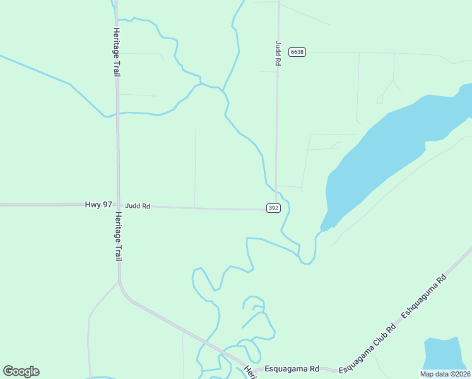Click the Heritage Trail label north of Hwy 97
tap(117, 52)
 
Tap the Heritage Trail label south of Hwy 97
tap(117, 236)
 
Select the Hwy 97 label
tap(98, 205)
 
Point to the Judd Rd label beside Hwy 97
tap(138, 206)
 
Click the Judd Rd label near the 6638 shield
tap(277, 54)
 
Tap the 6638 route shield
tap(297, 52)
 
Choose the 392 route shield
tap(273, 208)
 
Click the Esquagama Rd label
tap(292, 368)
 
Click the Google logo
tap(21, 371)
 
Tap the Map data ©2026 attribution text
tap(444, 374)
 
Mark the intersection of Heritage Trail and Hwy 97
tap(117, 205)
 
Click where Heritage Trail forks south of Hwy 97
tap(119, 282)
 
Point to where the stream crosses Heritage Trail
tap(117, 114)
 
